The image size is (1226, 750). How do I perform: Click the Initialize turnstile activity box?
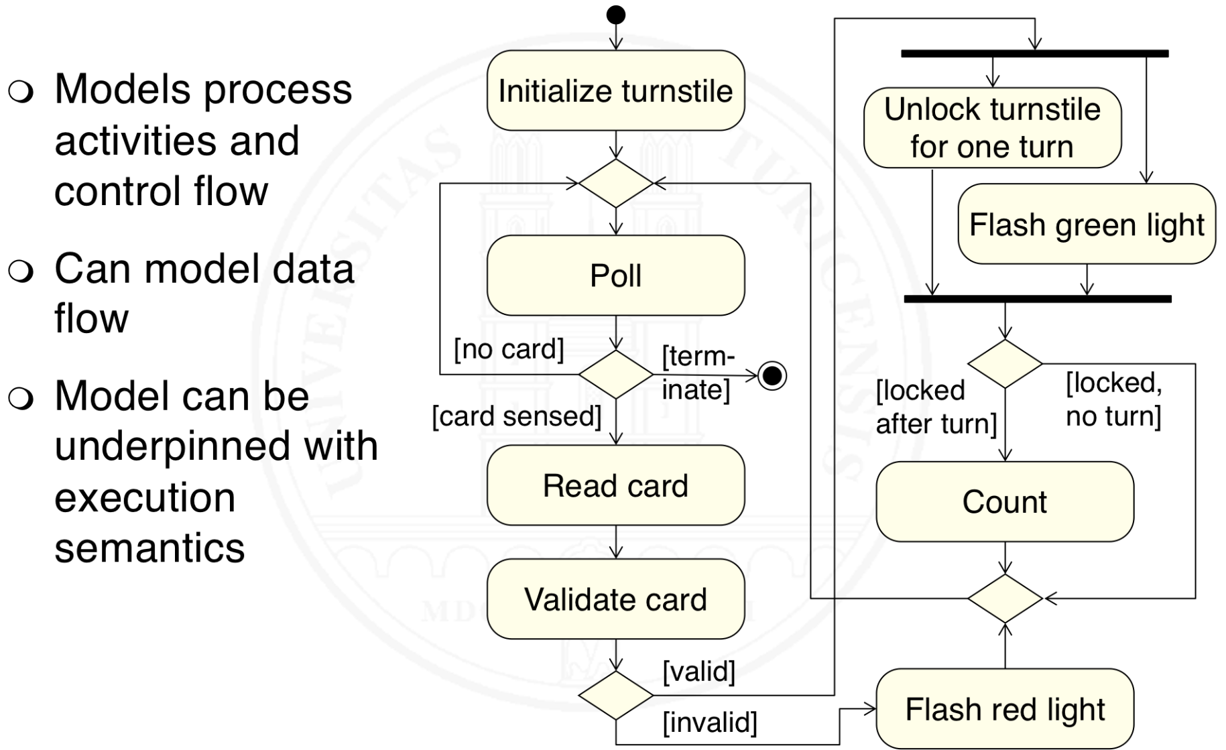[615, 90]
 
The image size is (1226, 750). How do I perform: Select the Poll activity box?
[615, 275]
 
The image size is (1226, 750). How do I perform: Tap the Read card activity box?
[615, 485]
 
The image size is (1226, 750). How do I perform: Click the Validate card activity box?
[615, 599]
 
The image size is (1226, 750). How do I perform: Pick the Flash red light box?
[1005, 709]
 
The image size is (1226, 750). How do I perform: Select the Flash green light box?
[1087, 225]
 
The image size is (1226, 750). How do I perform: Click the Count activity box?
[1005, 501]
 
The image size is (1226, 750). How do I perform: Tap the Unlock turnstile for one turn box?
[992, 127]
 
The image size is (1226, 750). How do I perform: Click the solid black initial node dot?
[615, 15]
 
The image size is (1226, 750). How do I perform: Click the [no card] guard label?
[509, 349]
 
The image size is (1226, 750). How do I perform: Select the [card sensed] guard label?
[517, 416]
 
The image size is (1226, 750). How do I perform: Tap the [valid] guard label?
[699, 671]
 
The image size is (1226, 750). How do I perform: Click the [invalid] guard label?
[710, 723]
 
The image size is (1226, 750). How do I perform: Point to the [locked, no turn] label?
[1113, 399]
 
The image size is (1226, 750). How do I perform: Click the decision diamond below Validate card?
[615, 696]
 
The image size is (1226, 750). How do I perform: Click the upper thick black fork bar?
[1034, 54]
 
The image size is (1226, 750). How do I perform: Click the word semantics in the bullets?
[149, 548]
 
